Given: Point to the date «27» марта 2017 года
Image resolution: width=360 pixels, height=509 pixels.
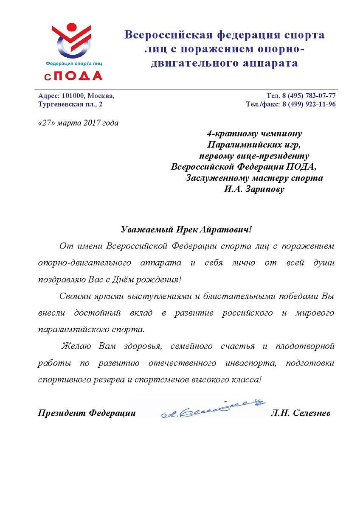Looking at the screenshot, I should point(78,123).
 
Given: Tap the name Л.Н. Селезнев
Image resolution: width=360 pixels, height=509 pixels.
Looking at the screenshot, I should point(300,413).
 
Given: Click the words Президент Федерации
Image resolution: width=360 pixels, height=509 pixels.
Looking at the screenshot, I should point(87,413).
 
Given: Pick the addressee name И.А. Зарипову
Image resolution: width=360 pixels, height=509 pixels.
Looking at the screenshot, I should point(254,189).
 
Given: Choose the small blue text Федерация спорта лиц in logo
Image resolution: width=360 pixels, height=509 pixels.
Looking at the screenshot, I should point(73,64).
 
